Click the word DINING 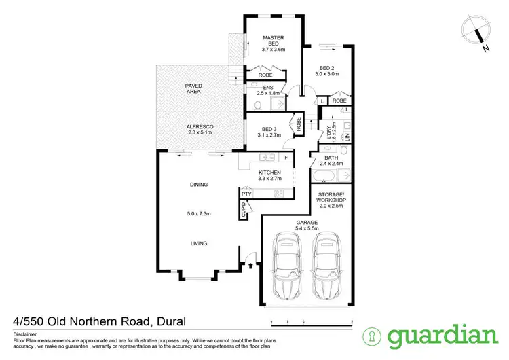tap(199, 185)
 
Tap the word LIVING tap(199, 243)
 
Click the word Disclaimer tap(26, 335)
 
